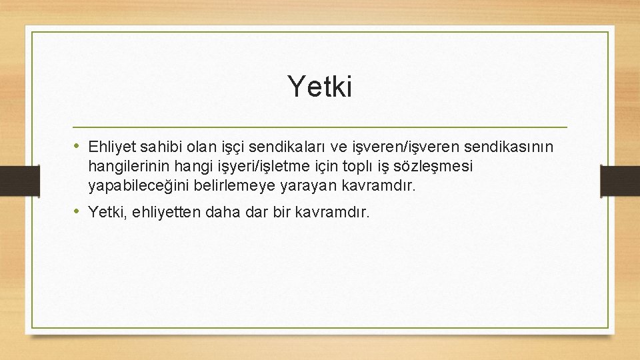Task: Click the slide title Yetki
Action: pyautogui.click(x=319, y=86)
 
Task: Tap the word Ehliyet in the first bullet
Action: pyautogui.click(x=109, y=147)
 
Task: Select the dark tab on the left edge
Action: pyautogui.click(x=10, y=180)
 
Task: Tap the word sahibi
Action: pyautogui.click(x=157, y=147)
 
